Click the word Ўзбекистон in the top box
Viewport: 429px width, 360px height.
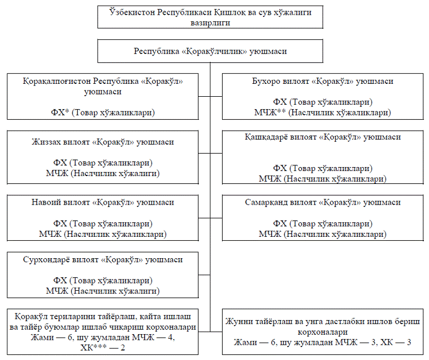(132, 12)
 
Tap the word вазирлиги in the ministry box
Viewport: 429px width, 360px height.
(210, 23)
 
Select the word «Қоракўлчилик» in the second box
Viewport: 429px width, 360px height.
(214, 51)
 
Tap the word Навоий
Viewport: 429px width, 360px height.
(46, 202)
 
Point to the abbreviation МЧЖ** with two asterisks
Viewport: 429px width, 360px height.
(270, 112)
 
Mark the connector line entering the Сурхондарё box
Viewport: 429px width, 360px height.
(204, 274)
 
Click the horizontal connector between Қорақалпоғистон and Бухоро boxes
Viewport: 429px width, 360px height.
(210, 96)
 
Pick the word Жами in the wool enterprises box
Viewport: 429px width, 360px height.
(245, 343)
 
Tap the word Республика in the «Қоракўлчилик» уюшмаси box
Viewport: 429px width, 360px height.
(156, 51)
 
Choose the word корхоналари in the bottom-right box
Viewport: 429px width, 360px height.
(323, 332)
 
